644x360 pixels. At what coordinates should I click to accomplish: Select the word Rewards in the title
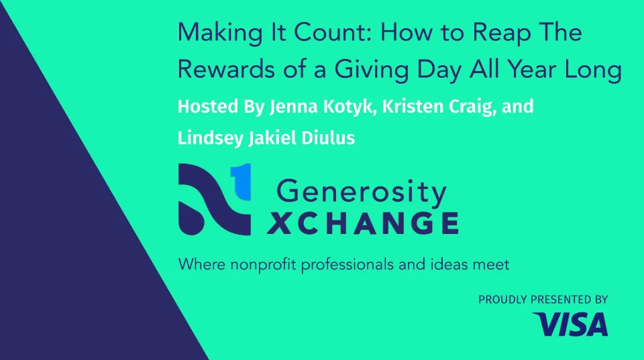tap(226, 68)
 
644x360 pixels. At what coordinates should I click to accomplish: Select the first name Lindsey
tap(211, 139)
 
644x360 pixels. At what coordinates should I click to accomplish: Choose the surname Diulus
tap(328, 138)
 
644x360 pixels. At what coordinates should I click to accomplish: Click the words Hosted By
tap(221, 107)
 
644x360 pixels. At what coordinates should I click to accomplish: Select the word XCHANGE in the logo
tap(363, 223)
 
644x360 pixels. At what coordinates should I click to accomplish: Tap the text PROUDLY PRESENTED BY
tap(543, 300)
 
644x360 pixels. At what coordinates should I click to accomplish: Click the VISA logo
tap(570, 324)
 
